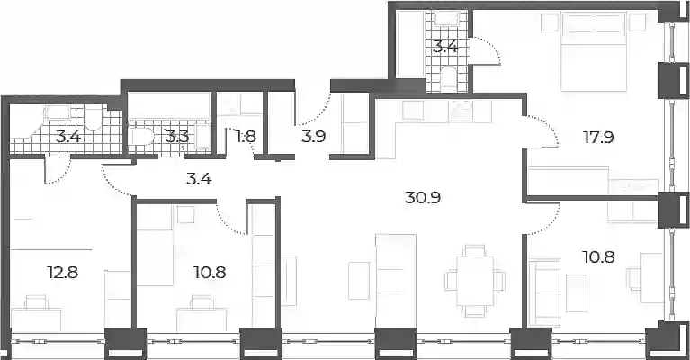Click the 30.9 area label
pos(423,198)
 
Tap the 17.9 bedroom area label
pos(598,138)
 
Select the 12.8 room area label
pos(62,273)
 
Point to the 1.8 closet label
pos(246,137)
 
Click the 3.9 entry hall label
pos(313,137)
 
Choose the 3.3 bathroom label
pos(177,137)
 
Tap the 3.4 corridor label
pos(200,179)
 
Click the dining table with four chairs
pos(475,281)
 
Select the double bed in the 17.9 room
pos(594,52)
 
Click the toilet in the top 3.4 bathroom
pos(449,78)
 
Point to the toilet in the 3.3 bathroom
pos(142,137)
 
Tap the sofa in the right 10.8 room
pos(544,292)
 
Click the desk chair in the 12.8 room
pos(36,302)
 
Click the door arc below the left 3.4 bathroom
pos(59,173)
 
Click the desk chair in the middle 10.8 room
pos(202,301)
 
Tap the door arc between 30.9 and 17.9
pos(542,131)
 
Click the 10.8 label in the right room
pos(598,256)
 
